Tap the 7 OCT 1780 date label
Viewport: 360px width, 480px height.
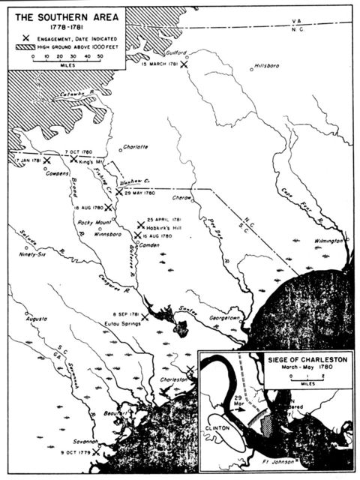pos(78,151)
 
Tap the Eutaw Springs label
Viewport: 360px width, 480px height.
pos(121,324)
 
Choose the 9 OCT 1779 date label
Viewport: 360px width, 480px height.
pos(73,454)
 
